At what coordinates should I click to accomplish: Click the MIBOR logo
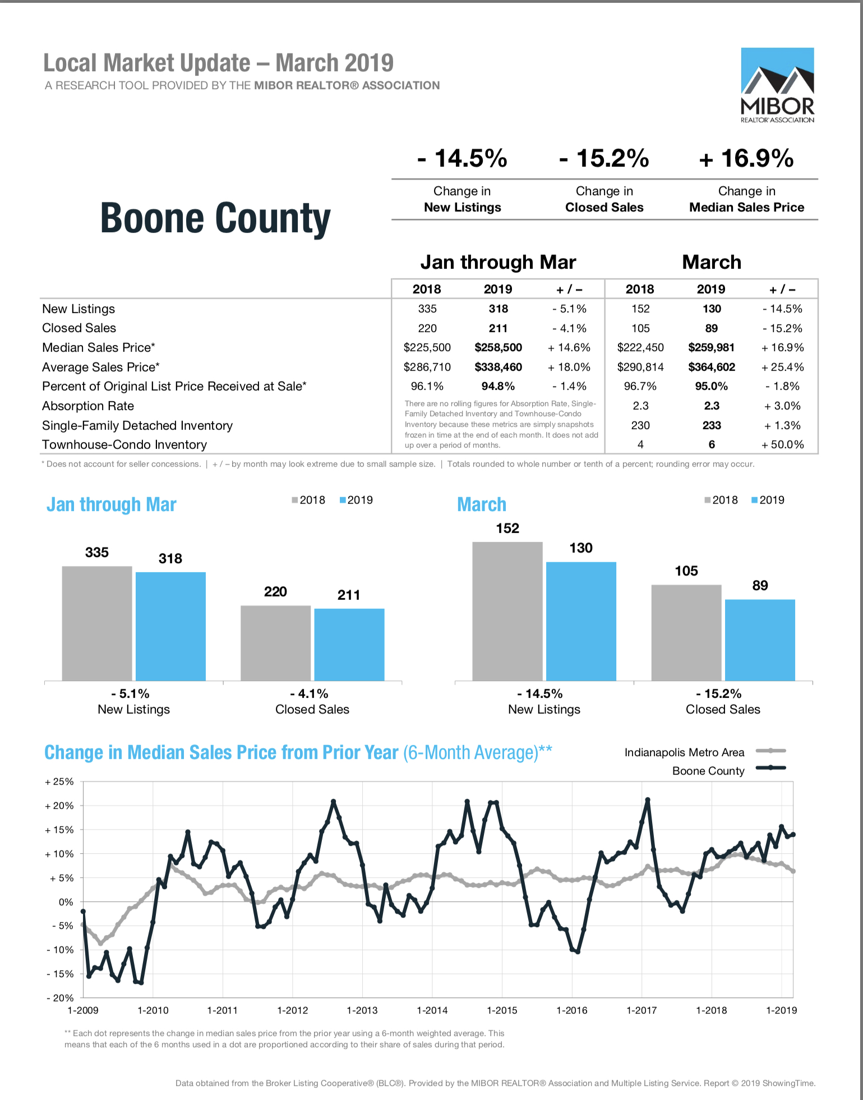coord(777,85)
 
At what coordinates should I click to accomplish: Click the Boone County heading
coord(215,218)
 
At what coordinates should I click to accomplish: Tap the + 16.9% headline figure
coord(746,158)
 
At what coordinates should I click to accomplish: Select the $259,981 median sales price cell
coord(711,348)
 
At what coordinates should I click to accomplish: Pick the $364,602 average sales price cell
coord(712,367)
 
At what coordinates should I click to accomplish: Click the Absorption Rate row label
coord(88,406)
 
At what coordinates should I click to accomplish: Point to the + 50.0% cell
coord(782,445)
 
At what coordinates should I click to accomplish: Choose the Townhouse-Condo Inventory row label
coord(124,445)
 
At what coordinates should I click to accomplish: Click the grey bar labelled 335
coord(97,624)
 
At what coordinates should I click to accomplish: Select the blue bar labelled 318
coord(170,627)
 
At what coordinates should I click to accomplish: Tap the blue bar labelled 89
coord(760,640)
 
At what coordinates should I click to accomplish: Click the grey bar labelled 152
coord(507,611)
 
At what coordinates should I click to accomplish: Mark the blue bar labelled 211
coord(349,645)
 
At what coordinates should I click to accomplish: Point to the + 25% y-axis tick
coord(59,782)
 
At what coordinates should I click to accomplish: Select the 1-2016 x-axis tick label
coord(572,1010)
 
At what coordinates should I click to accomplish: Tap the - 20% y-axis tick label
coord(60,998)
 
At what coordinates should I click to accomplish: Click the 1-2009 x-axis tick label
coord(83,1010)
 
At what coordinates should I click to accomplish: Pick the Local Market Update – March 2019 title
coord(219,63)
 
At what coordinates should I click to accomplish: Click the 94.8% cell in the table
coord(498,386)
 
